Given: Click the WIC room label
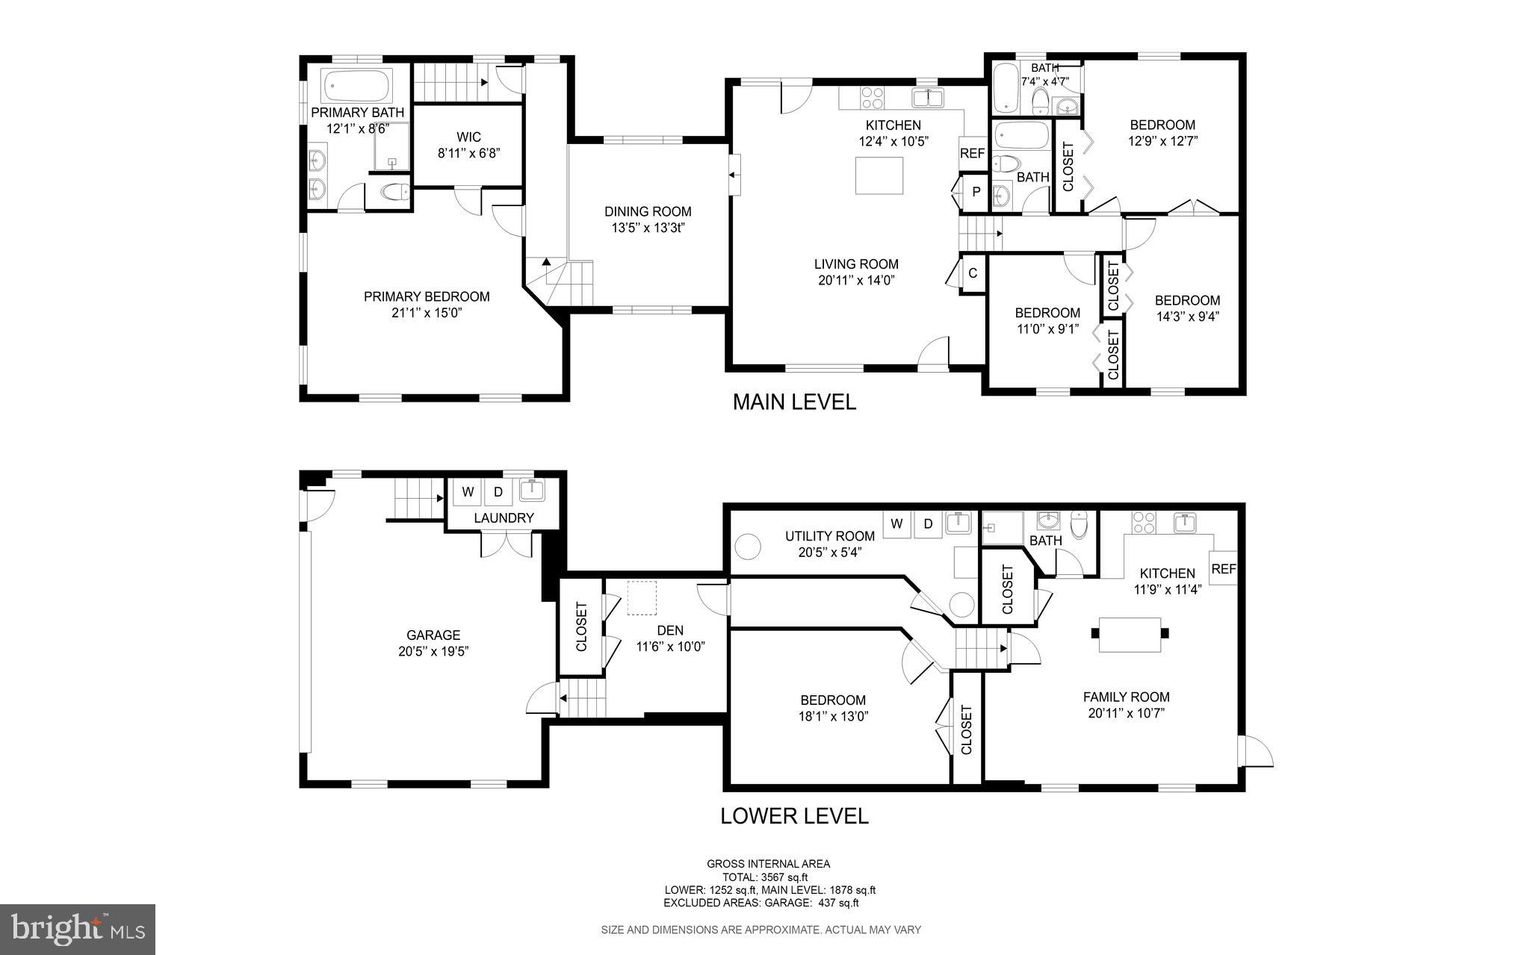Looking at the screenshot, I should (468, 137).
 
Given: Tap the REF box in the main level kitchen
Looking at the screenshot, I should (972, 153).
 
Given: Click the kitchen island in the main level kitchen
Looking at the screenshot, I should (879, 175).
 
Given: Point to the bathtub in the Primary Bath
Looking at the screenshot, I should (357, 86).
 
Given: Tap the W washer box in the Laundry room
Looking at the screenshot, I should (468, 492).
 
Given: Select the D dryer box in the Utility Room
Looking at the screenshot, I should (928, 524).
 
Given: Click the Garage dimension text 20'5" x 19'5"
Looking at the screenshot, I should (433, 651).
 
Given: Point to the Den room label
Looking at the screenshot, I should (670, 630).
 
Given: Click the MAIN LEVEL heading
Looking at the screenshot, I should (793, 402).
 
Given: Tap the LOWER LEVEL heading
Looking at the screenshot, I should (793, 816).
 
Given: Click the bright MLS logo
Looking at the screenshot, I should (78, 929).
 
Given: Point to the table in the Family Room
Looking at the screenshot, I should (1130, 634).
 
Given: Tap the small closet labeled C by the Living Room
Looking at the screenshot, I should (973, 273).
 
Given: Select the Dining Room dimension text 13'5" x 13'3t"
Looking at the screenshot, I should (648, 228).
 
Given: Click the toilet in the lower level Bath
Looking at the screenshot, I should (1079, 523).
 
